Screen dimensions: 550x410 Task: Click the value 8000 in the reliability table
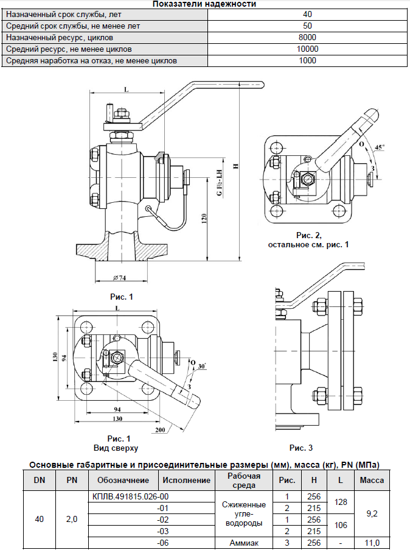tap(307, 38)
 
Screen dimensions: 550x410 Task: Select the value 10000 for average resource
tap(307, 49)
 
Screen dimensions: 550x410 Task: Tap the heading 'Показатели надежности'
tap(204, 4)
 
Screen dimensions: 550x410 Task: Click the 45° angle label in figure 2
tap(380, 147)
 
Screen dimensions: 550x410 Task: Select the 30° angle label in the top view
tap(201, 366)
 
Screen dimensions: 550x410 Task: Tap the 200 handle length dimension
tap(160, 430)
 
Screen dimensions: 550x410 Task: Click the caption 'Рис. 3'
tap(301, 448)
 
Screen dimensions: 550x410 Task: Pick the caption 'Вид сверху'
tap(119, 448)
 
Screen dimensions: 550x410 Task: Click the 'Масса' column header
tap(372, 481)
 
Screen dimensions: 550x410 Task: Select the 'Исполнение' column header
tap(187, 481)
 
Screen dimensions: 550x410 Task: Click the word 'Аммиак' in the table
tap(245, 542)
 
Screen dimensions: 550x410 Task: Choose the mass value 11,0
tap(372, 542)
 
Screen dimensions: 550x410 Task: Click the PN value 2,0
tap(72, 520)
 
